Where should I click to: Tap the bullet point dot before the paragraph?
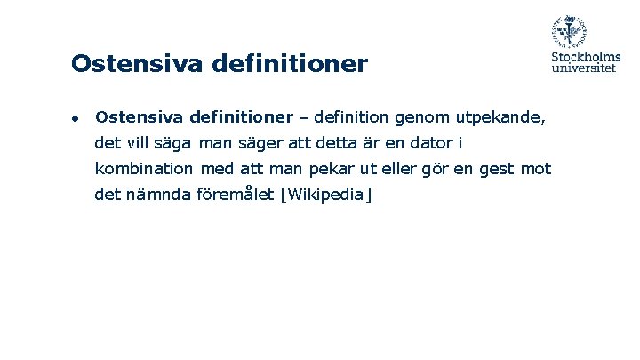[x=77, y=117]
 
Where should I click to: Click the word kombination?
[x=144, y=168]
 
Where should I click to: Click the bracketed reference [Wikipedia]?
[x=325, y=194]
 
